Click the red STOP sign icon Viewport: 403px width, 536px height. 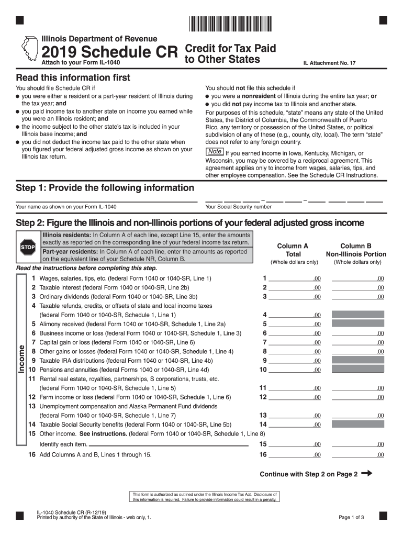[x=28, y=247]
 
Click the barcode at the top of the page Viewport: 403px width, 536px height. [x=230, y=23]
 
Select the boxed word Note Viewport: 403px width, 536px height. [x=215, y=152]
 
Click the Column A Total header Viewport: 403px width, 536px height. [x=293, y=250]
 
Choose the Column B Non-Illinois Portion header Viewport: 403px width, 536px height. [x=356, y=250]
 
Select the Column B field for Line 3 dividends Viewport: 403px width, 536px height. [x=358, y=296]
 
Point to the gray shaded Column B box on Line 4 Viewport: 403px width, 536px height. [x=358, y=315]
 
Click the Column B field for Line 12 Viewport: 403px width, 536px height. [x=358, y=397]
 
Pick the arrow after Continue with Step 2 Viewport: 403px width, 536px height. [x=366, y=474]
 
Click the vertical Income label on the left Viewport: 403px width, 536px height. [x=21, y=360]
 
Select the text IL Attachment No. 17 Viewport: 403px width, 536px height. [x=329, y=63]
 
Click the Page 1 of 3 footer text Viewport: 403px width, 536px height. [x=351, y=518]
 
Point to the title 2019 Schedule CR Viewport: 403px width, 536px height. [x=110, y=51]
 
